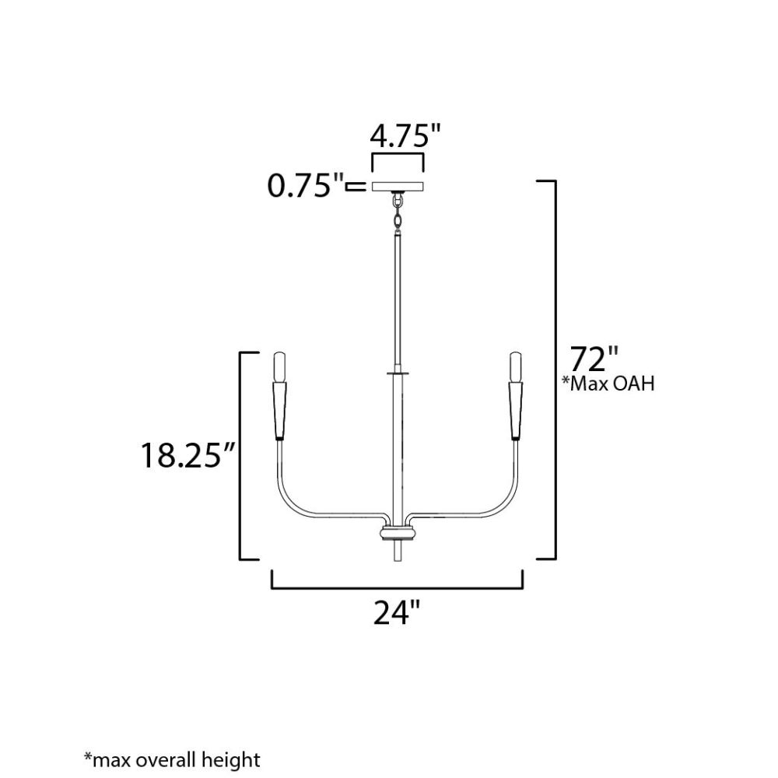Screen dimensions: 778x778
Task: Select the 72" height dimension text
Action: [x=594, y=359]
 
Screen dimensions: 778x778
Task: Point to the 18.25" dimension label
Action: [x=187, y=455]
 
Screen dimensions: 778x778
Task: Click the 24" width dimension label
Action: [x=397, y=613]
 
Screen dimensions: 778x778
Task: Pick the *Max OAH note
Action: [x=608, y=384]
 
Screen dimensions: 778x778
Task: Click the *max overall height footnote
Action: [x=172, y=759]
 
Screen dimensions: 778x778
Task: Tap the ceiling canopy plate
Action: [x=398, y=187]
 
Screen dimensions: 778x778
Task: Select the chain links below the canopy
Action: [x=397, y=211]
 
